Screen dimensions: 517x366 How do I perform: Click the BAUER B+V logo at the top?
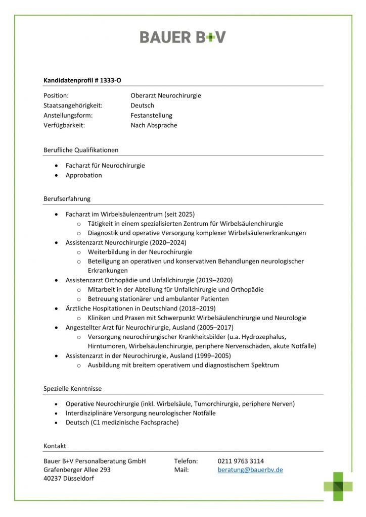(182, 37)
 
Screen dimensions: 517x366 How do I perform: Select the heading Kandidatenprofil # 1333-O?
(82, 80)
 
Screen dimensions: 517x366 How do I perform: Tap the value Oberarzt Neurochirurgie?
(165, 95)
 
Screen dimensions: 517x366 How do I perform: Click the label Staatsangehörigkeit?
(73, 106)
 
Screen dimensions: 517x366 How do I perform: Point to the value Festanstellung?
(151, 115)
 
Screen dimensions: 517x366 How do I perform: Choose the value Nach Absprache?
(154, 125)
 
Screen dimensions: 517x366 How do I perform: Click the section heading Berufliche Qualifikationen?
(81, 150)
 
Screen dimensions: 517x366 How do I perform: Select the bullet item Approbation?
(83, 175)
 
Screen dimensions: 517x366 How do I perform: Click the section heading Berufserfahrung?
(67, 198)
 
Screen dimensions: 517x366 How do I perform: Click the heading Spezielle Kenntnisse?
(72, 389)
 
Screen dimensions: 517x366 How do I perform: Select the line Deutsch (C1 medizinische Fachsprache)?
(122, 423)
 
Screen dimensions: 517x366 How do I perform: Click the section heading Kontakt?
(55, 446)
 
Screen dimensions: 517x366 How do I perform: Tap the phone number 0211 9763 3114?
(241, 461)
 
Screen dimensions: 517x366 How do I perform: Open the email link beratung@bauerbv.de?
(250, 470)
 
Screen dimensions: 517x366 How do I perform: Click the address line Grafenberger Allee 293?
(77, 470)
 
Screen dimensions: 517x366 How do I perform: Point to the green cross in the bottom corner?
(338, 486)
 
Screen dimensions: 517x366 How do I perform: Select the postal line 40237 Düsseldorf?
(69, 478)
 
